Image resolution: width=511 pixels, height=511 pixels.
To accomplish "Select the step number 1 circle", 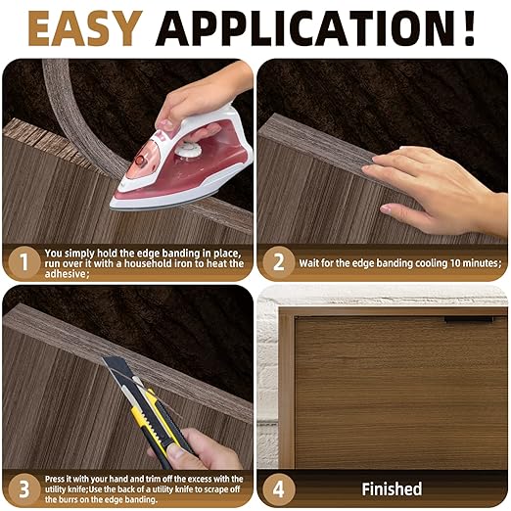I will tap(23, 261).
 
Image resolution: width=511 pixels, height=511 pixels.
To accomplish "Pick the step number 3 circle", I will tap(23, 487).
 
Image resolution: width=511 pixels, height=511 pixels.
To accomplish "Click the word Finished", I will tap(392, 488).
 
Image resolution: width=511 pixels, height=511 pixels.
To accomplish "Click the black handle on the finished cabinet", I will tap(468, 319).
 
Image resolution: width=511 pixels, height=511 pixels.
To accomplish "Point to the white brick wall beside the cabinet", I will tap(266, 392).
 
